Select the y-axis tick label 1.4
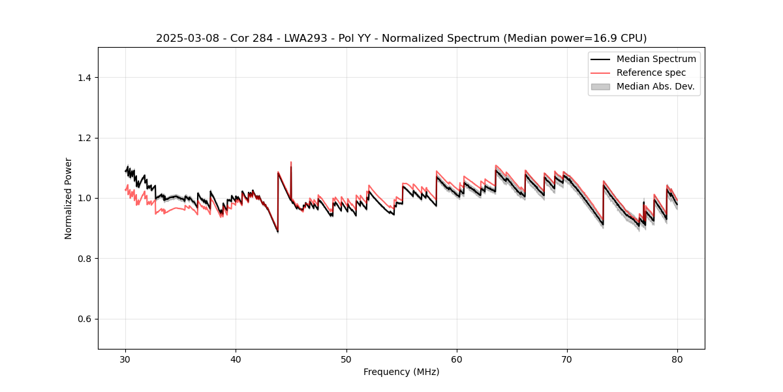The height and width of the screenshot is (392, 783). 85,78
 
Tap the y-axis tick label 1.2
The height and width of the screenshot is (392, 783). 85,138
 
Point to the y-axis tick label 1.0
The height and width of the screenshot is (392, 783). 85,198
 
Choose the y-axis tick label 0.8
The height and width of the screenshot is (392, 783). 85,259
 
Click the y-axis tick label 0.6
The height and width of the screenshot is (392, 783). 85,319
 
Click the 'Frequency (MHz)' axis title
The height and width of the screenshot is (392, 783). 401,372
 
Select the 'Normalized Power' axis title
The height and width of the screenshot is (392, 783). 69,198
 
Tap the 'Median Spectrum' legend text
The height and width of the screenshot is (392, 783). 656,59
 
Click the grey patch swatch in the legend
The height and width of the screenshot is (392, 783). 600,86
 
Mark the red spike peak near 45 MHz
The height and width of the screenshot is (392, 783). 291,162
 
